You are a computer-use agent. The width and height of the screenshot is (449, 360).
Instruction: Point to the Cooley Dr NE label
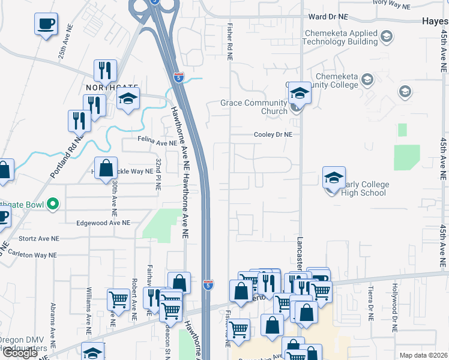pos(273,135)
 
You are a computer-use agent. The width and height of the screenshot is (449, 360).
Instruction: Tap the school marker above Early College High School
pos(334,178)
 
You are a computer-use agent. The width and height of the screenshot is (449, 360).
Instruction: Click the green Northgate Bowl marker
pos(53,204)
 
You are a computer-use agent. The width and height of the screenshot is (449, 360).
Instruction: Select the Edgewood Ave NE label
pos(103,223)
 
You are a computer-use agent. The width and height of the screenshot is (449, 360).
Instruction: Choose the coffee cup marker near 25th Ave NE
pos(46,24)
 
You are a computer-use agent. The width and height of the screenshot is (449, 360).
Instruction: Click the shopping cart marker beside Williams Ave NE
pos(118,299)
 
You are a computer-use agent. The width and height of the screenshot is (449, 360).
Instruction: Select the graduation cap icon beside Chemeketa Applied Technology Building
pos(387,37)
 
